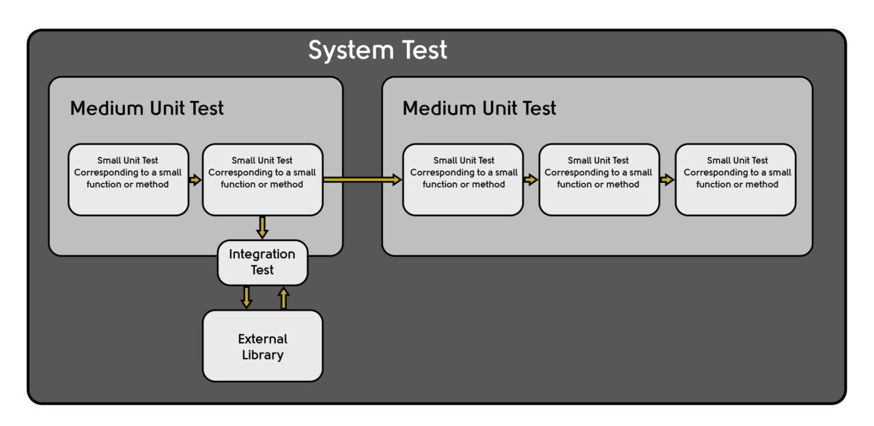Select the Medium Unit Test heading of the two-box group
147,108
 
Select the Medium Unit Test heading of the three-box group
479,108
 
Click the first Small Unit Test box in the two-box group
128,180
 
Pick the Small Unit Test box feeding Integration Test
262,180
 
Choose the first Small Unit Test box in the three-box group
463,180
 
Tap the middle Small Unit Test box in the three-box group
599,180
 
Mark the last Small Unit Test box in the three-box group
735,180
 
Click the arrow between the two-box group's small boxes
195,180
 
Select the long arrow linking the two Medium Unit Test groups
362,180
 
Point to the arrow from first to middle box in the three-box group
531,180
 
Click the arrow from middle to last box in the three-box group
667,180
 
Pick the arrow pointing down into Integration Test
262,227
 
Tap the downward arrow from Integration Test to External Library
246,297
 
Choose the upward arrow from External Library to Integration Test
284,298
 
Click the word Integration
262,255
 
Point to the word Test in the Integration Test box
262,270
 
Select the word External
262,339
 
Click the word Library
262,355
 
